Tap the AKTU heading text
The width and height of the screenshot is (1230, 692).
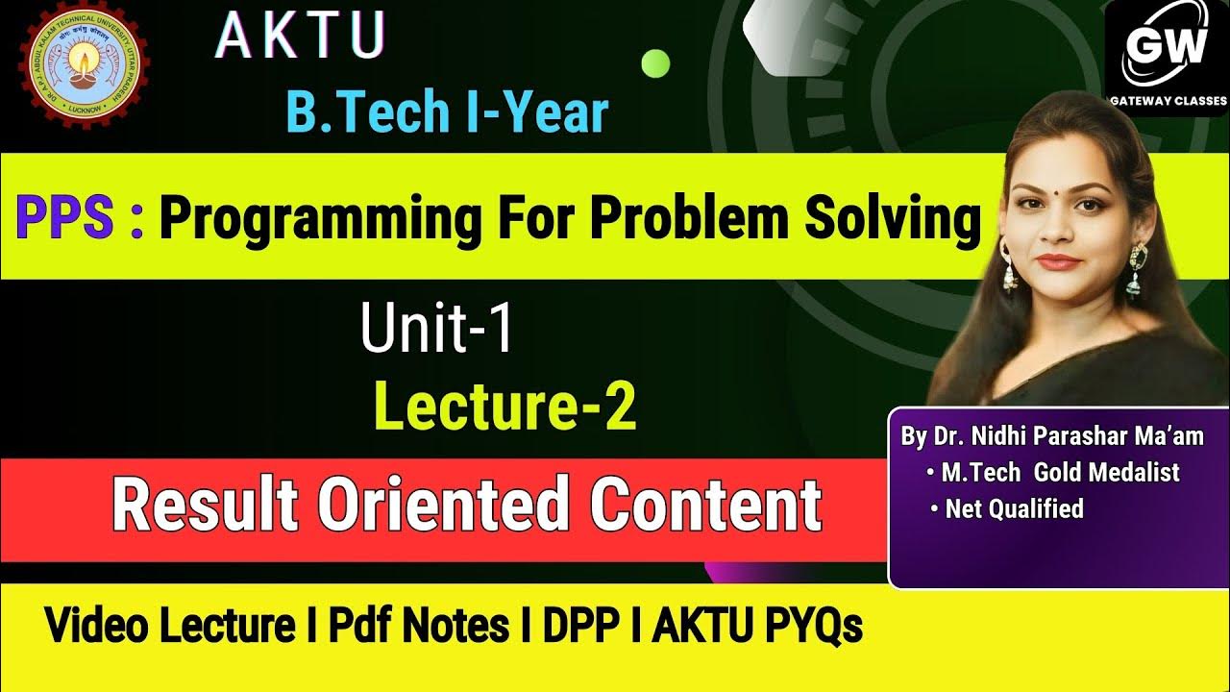pos(300,37)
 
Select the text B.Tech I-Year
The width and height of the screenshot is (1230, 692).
pos(447,112)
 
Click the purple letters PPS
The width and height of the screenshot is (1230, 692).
pos(70,219)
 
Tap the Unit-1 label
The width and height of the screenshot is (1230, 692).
pos(437,327)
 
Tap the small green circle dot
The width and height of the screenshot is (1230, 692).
pos(655,63)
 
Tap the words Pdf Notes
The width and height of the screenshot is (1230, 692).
pos(419,627)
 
